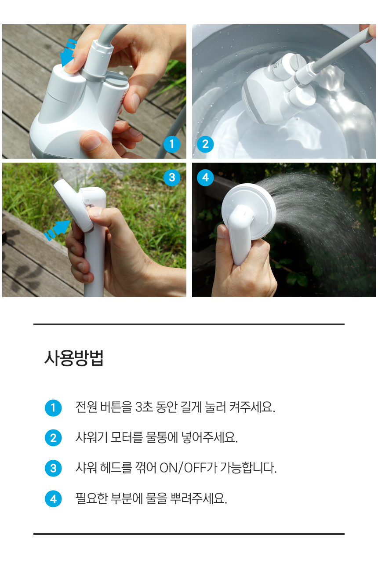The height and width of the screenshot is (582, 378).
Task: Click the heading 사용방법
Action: tap(74, 358)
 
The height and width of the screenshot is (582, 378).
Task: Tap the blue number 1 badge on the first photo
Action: tap(172, 144)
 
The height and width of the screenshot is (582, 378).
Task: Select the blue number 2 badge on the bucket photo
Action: tap(205, 144)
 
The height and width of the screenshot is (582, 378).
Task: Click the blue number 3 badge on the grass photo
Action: tap(172, 178)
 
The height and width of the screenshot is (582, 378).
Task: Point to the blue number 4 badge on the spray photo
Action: tap(205, 178)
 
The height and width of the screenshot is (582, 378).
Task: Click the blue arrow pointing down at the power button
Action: tap(68, 53)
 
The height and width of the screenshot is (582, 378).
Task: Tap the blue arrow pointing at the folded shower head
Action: tap(58, 230)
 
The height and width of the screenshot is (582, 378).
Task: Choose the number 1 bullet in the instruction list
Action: tap(53, 408)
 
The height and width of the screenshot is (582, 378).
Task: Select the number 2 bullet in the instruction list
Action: tap(53, 438)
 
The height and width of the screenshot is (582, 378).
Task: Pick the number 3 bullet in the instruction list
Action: tap(53, 468)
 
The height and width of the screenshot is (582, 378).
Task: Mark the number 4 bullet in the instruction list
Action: tap(53, 498)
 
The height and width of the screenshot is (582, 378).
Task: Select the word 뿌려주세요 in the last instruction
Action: tap(199, 498)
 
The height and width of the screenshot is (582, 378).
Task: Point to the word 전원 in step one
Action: tap(86, 407)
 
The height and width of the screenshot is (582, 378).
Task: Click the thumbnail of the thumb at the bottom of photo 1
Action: tap(91, 142)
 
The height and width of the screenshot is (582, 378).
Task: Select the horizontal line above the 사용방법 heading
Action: tap(189, 324)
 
